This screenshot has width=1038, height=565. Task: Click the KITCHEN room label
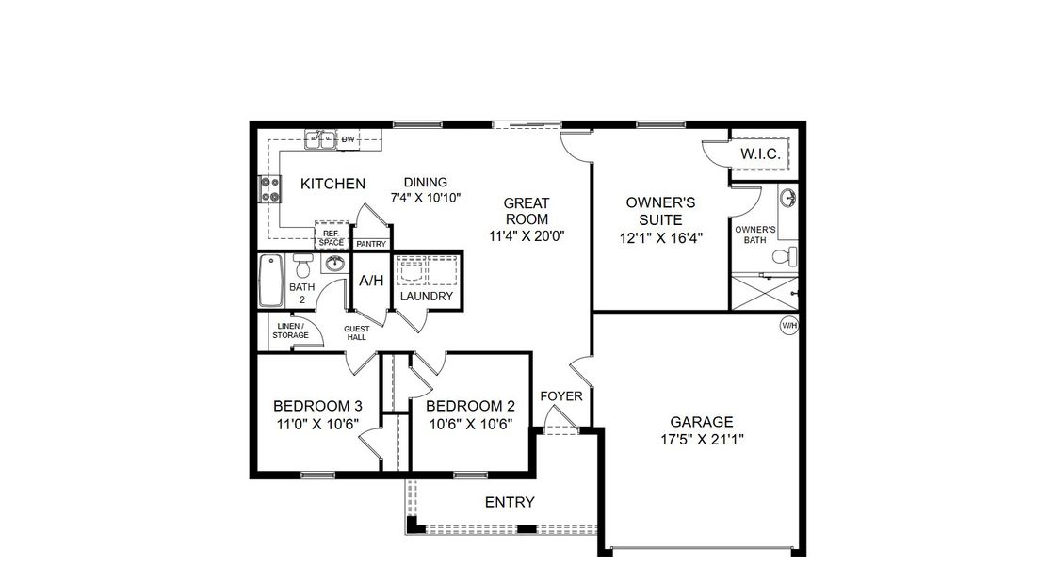click(332, 184)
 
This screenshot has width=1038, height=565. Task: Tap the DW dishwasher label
click(348, 140)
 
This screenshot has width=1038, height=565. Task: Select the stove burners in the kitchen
click(270, 190)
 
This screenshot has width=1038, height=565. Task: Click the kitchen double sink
click(320, 140)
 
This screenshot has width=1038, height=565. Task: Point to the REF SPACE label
click(331, 237)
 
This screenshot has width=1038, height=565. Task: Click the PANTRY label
click(371, 244)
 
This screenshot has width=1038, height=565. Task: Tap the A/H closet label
click(371, 281)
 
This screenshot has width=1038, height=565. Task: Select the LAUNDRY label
click(427, 297)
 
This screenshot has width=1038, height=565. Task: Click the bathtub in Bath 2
click(270, 281)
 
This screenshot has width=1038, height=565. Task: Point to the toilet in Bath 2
click(302, 262)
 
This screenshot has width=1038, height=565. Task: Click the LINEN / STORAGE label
click(290, 331)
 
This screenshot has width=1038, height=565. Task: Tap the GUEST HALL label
click(356, 332)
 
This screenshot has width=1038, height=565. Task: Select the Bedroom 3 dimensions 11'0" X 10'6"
click(317, 424)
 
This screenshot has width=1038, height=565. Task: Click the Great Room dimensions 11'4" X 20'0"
click(527, 235)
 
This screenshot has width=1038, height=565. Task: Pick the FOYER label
click(561, 396)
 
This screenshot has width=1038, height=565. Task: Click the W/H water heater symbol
click(788, 326)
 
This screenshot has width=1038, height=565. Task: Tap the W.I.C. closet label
click(758, 153)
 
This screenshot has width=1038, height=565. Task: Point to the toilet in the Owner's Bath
click(784, 256)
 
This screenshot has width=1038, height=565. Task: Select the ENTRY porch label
click(510, 502)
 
